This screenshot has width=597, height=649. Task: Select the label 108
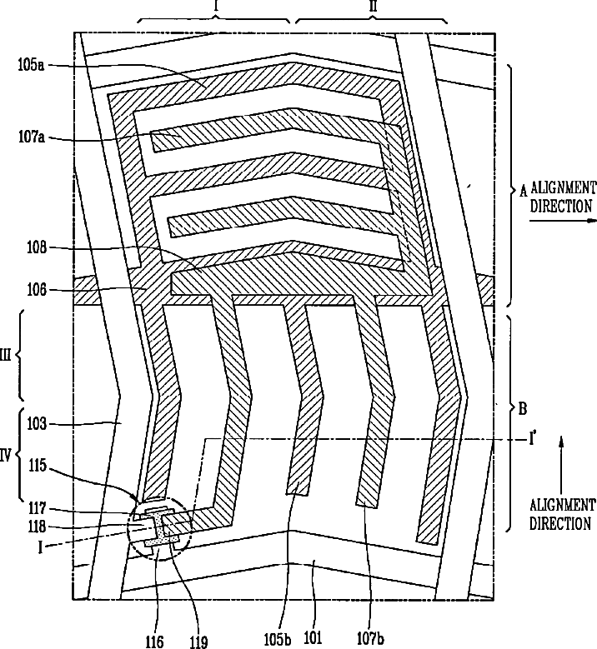(38, 247)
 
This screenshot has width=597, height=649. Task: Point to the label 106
(38, 290)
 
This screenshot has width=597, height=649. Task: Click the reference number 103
(38, 423)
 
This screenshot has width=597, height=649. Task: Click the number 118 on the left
(38, 527)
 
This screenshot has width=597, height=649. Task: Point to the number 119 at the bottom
(198, 641)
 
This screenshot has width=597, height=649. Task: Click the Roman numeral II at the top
(373, 7)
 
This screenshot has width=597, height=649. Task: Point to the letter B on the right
(523, 408)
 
